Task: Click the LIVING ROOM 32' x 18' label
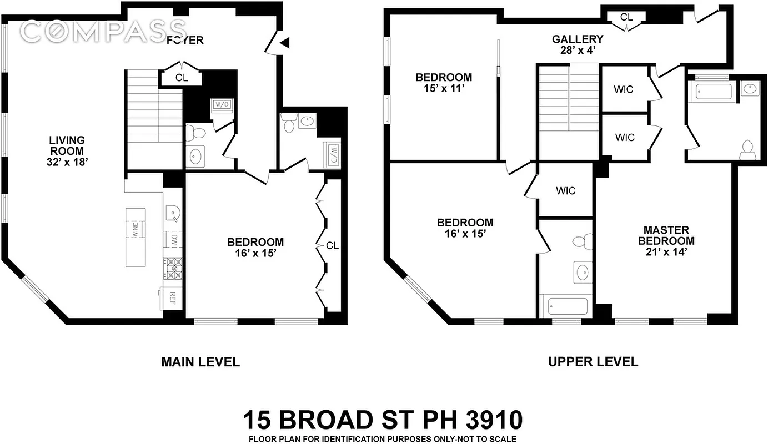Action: pyautogui.click(x=66, y=151)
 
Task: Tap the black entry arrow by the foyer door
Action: pyautogui.click(x=284, y=42)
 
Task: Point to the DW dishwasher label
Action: pyautogui.click(x=174, y=239)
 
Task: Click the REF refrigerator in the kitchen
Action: pyautogui.click(x=172, y=299)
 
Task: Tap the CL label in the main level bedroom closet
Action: pyautogui.click(x=332, y=245)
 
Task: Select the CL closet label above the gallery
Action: pyautogui.click(x=626, y=17)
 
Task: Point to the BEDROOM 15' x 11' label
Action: pyautogui.click(x=444, y=83)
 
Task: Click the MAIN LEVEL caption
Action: pyautogui.click(x=200, y=362)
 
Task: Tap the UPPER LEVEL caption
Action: pyautogui.click(x=593, y=362)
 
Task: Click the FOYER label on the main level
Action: pyautogui.click(x=185, y=40)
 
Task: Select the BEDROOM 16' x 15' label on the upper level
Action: pyautogui.click(x=465, y=228)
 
